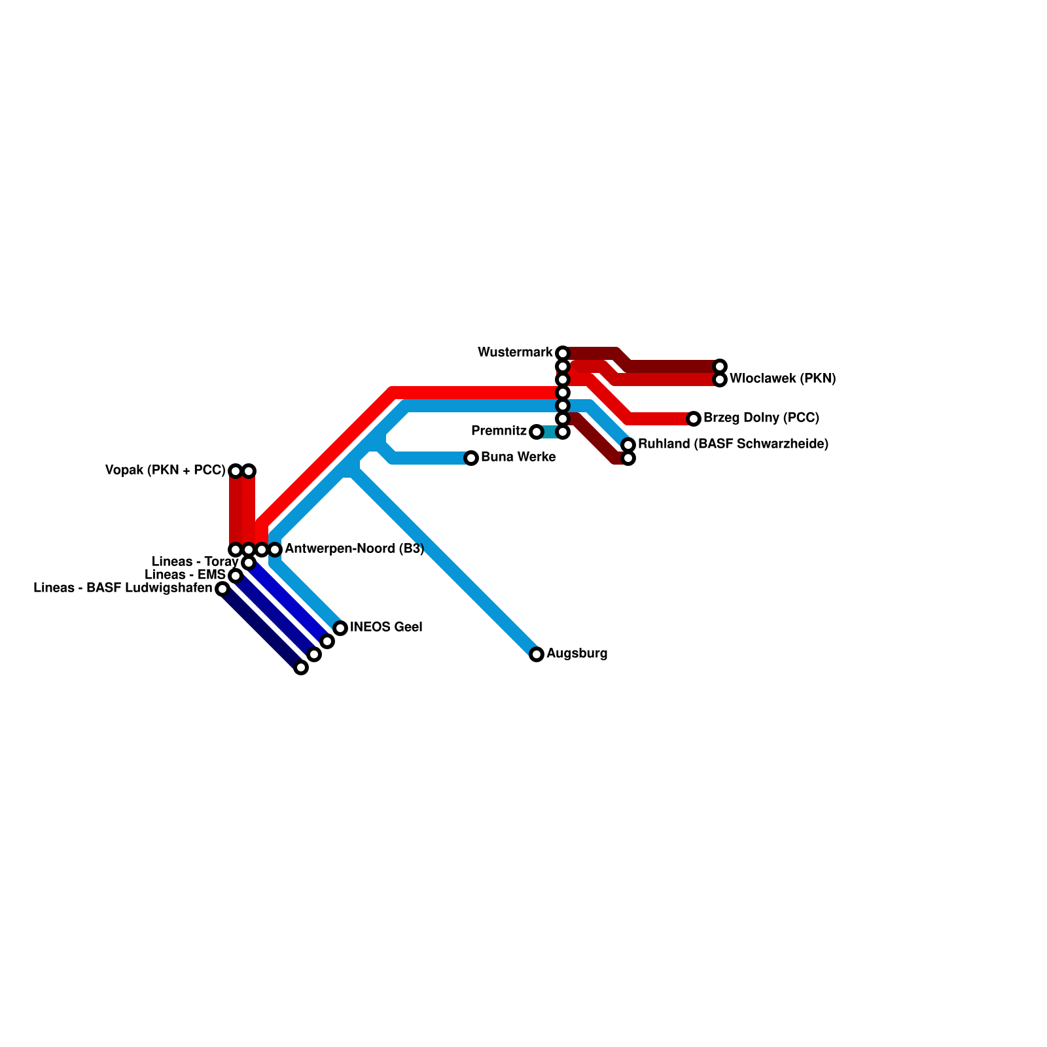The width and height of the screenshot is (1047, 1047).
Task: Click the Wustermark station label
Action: [515, 353]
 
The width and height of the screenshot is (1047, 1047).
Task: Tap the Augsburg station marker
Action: [537, 654]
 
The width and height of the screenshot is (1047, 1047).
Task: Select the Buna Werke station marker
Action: [471, 458]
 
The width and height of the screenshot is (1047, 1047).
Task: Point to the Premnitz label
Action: [499, 431]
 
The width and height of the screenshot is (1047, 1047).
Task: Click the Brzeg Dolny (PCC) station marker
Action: [694, 419]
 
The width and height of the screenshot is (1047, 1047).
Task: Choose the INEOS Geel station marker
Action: [340, 628]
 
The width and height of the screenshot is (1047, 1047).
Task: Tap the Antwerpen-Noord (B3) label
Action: [355, 549]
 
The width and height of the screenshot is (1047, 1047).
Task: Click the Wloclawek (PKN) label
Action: [783, 379]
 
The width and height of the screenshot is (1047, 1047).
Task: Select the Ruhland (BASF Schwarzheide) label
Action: [733, 444]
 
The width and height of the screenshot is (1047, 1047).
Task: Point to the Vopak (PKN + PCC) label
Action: [165, 470]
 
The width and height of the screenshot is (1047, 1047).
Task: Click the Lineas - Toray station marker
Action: [249, 563]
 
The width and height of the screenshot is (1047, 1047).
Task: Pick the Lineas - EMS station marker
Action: [236, 576]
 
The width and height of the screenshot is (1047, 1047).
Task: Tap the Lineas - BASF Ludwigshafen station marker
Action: [222, 589]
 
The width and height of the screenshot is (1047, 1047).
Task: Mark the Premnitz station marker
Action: [537, 432]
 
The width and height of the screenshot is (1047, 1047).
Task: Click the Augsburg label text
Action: [577, 654]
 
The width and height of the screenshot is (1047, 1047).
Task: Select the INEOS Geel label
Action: [386, 628]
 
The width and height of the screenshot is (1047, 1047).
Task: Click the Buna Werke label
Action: [518, 457]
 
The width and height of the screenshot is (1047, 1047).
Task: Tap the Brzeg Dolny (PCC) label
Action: [761, 418]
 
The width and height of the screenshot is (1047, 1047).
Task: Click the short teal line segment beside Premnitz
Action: [550, 432]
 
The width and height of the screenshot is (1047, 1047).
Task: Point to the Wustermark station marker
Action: [563, 353]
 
